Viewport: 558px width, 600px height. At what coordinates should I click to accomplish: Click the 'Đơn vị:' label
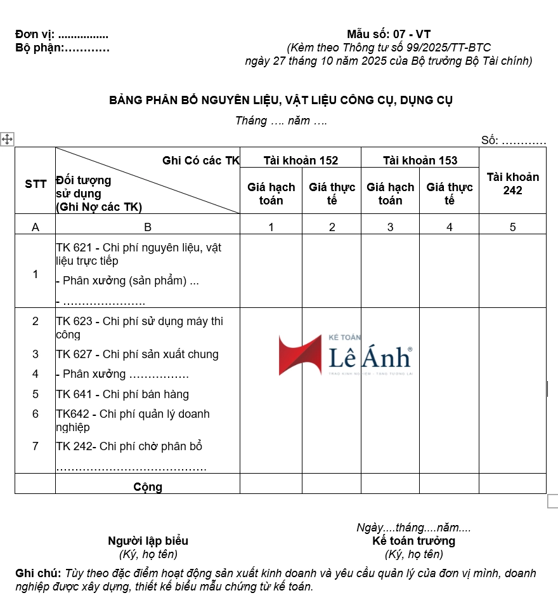(35, 34)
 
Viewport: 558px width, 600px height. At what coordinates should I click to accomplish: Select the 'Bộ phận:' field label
(39, 48)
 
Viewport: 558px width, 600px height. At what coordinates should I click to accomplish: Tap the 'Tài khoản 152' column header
(301, 160)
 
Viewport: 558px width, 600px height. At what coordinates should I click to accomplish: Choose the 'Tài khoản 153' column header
(420, 160)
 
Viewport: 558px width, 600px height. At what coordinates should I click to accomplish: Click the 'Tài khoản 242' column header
(512, 183)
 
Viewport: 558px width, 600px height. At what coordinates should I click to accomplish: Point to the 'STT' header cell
(36, 184)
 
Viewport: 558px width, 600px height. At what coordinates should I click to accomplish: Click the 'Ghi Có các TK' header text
(201, 161)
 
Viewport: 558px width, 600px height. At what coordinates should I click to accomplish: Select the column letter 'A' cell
(35, 227)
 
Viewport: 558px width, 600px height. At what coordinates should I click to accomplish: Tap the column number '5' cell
(512, 227)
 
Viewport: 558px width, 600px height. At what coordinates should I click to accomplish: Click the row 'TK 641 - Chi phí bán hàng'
(122, 394)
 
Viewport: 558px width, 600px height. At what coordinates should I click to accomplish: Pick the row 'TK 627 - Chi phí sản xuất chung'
(137, 354)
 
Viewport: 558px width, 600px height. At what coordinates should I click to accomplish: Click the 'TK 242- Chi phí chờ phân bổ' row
(129, 446)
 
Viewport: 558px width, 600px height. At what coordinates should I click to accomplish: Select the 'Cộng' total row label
(148, 487)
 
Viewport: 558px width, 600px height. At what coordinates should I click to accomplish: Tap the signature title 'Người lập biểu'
(148, 541)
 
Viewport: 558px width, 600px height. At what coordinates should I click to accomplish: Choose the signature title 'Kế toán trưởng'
(413, 541)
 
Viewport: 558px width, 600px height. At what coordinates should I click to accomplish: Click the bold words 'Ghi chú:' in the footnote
(38, 573)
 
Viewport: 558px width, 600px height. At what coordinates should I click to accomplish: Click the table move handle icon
(7, 139)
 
